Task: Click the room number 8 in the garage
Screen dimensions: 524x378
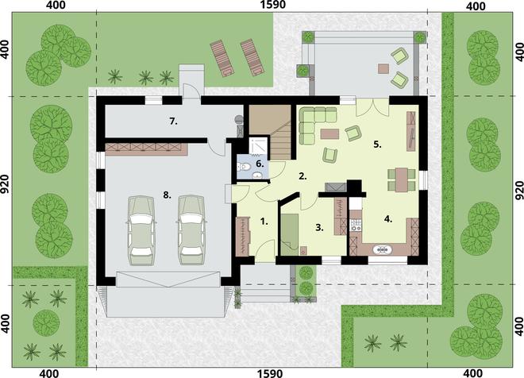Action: pyautogui.click(x=167, y=195)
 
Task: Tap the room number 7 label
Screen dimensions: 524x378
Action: pyautogui.click(x=173, y=121)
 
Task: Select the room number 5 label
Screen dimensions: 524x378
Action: pyautogui.click(x=378, y=145)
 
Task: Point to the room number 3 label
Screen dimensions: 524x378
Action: pyautogui.click(x=319, y=228)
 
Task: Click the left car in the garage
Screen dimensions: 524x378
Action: pyautogui.click(x=141, y=230)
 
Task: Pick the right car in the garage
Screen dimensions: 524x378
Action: pyautogui.click(x=191, y=230)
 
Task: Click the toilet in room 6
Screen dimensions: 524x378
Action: pyautogui.click(x=243, y=166)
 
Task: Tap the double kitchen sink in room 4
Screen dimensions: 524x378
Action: pyautogui.click(x=382, y=249)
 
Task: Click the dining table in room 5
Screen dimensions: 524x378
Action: pyautogui.click(x=402, y=179)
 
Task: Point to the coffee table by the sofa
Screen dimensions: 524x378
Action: pyautogui.click(x=329, y=134)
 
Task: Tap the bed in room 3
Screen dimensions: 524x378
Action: pyautogui.click(x=290, y=234)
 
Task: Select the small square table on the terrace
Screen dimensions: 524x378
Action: pyautogui.click(x=383, y=68)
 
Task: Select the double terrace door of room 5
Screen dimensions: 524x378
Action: pyautogui.click(x=373, y=107)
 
